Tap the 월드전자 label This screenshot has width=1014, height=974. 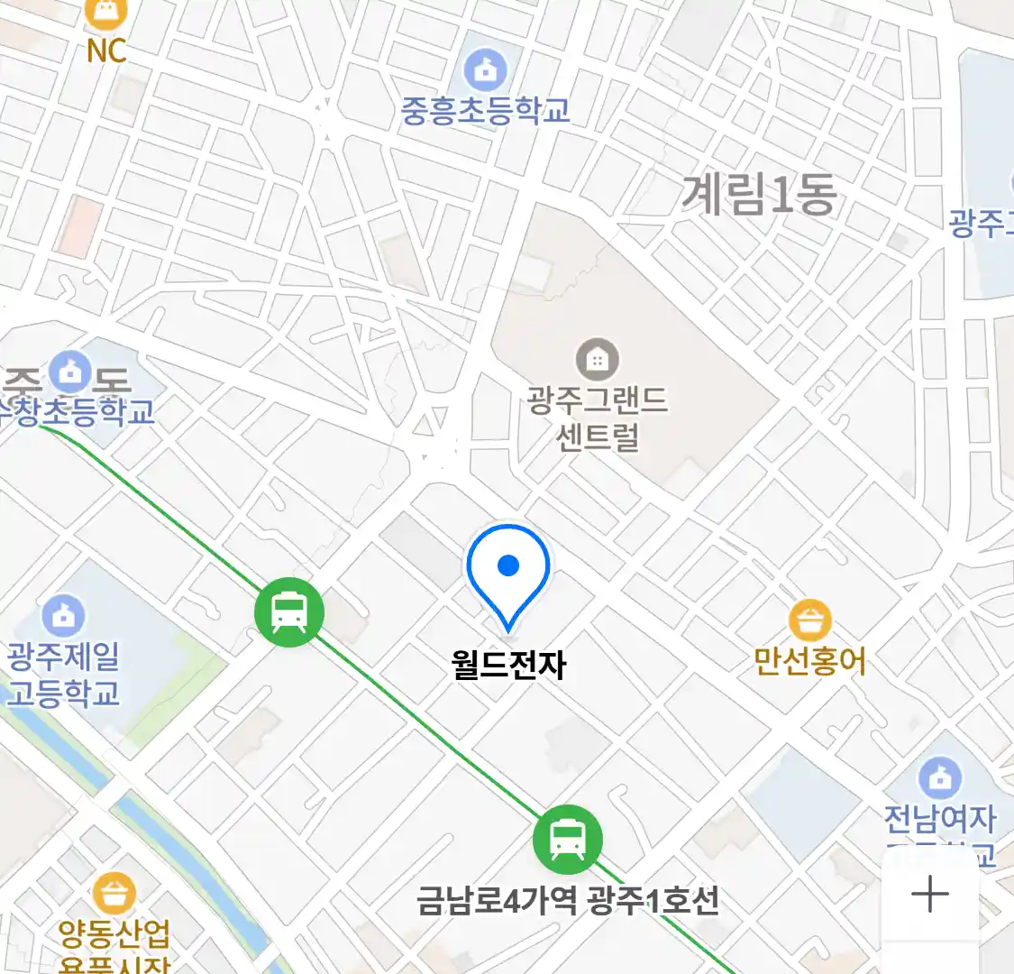(508, 665)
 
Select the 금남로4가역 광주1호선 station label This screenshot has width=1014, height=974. (568, 899)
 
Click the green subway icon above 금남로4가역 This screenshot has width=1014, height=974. (567, 839)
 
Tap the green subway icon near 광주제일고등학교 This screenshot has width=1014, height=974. (289, 612)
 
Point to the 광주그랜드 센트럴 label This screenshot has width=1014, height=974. (598, 418)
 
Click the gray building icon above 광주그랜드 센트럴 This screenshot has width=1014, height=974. (597, 361)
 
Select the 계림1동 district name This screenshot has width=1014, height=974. (758, 195)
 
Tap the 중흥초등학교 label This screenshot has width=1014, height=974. (485, 111)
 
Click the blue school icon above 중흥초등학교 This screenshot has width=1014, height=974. (485, 69)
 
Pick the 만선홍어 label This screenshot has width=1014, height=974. (809, 661)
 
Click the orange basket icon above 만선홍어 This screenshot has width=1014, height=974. (809, 620)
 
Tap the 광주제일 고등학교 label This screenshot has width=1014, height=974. (63, 675)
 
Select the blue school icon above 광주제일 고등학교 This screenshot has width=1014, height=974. (63, 617)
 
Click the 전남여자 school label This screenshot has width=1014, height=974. (939, 819)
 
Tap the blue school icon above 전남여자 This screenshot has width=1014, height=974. (939, 777)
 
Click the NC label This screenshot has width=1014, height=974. (106, 51)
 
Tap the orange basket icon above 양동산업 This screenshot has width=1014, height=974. (114, 895)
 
